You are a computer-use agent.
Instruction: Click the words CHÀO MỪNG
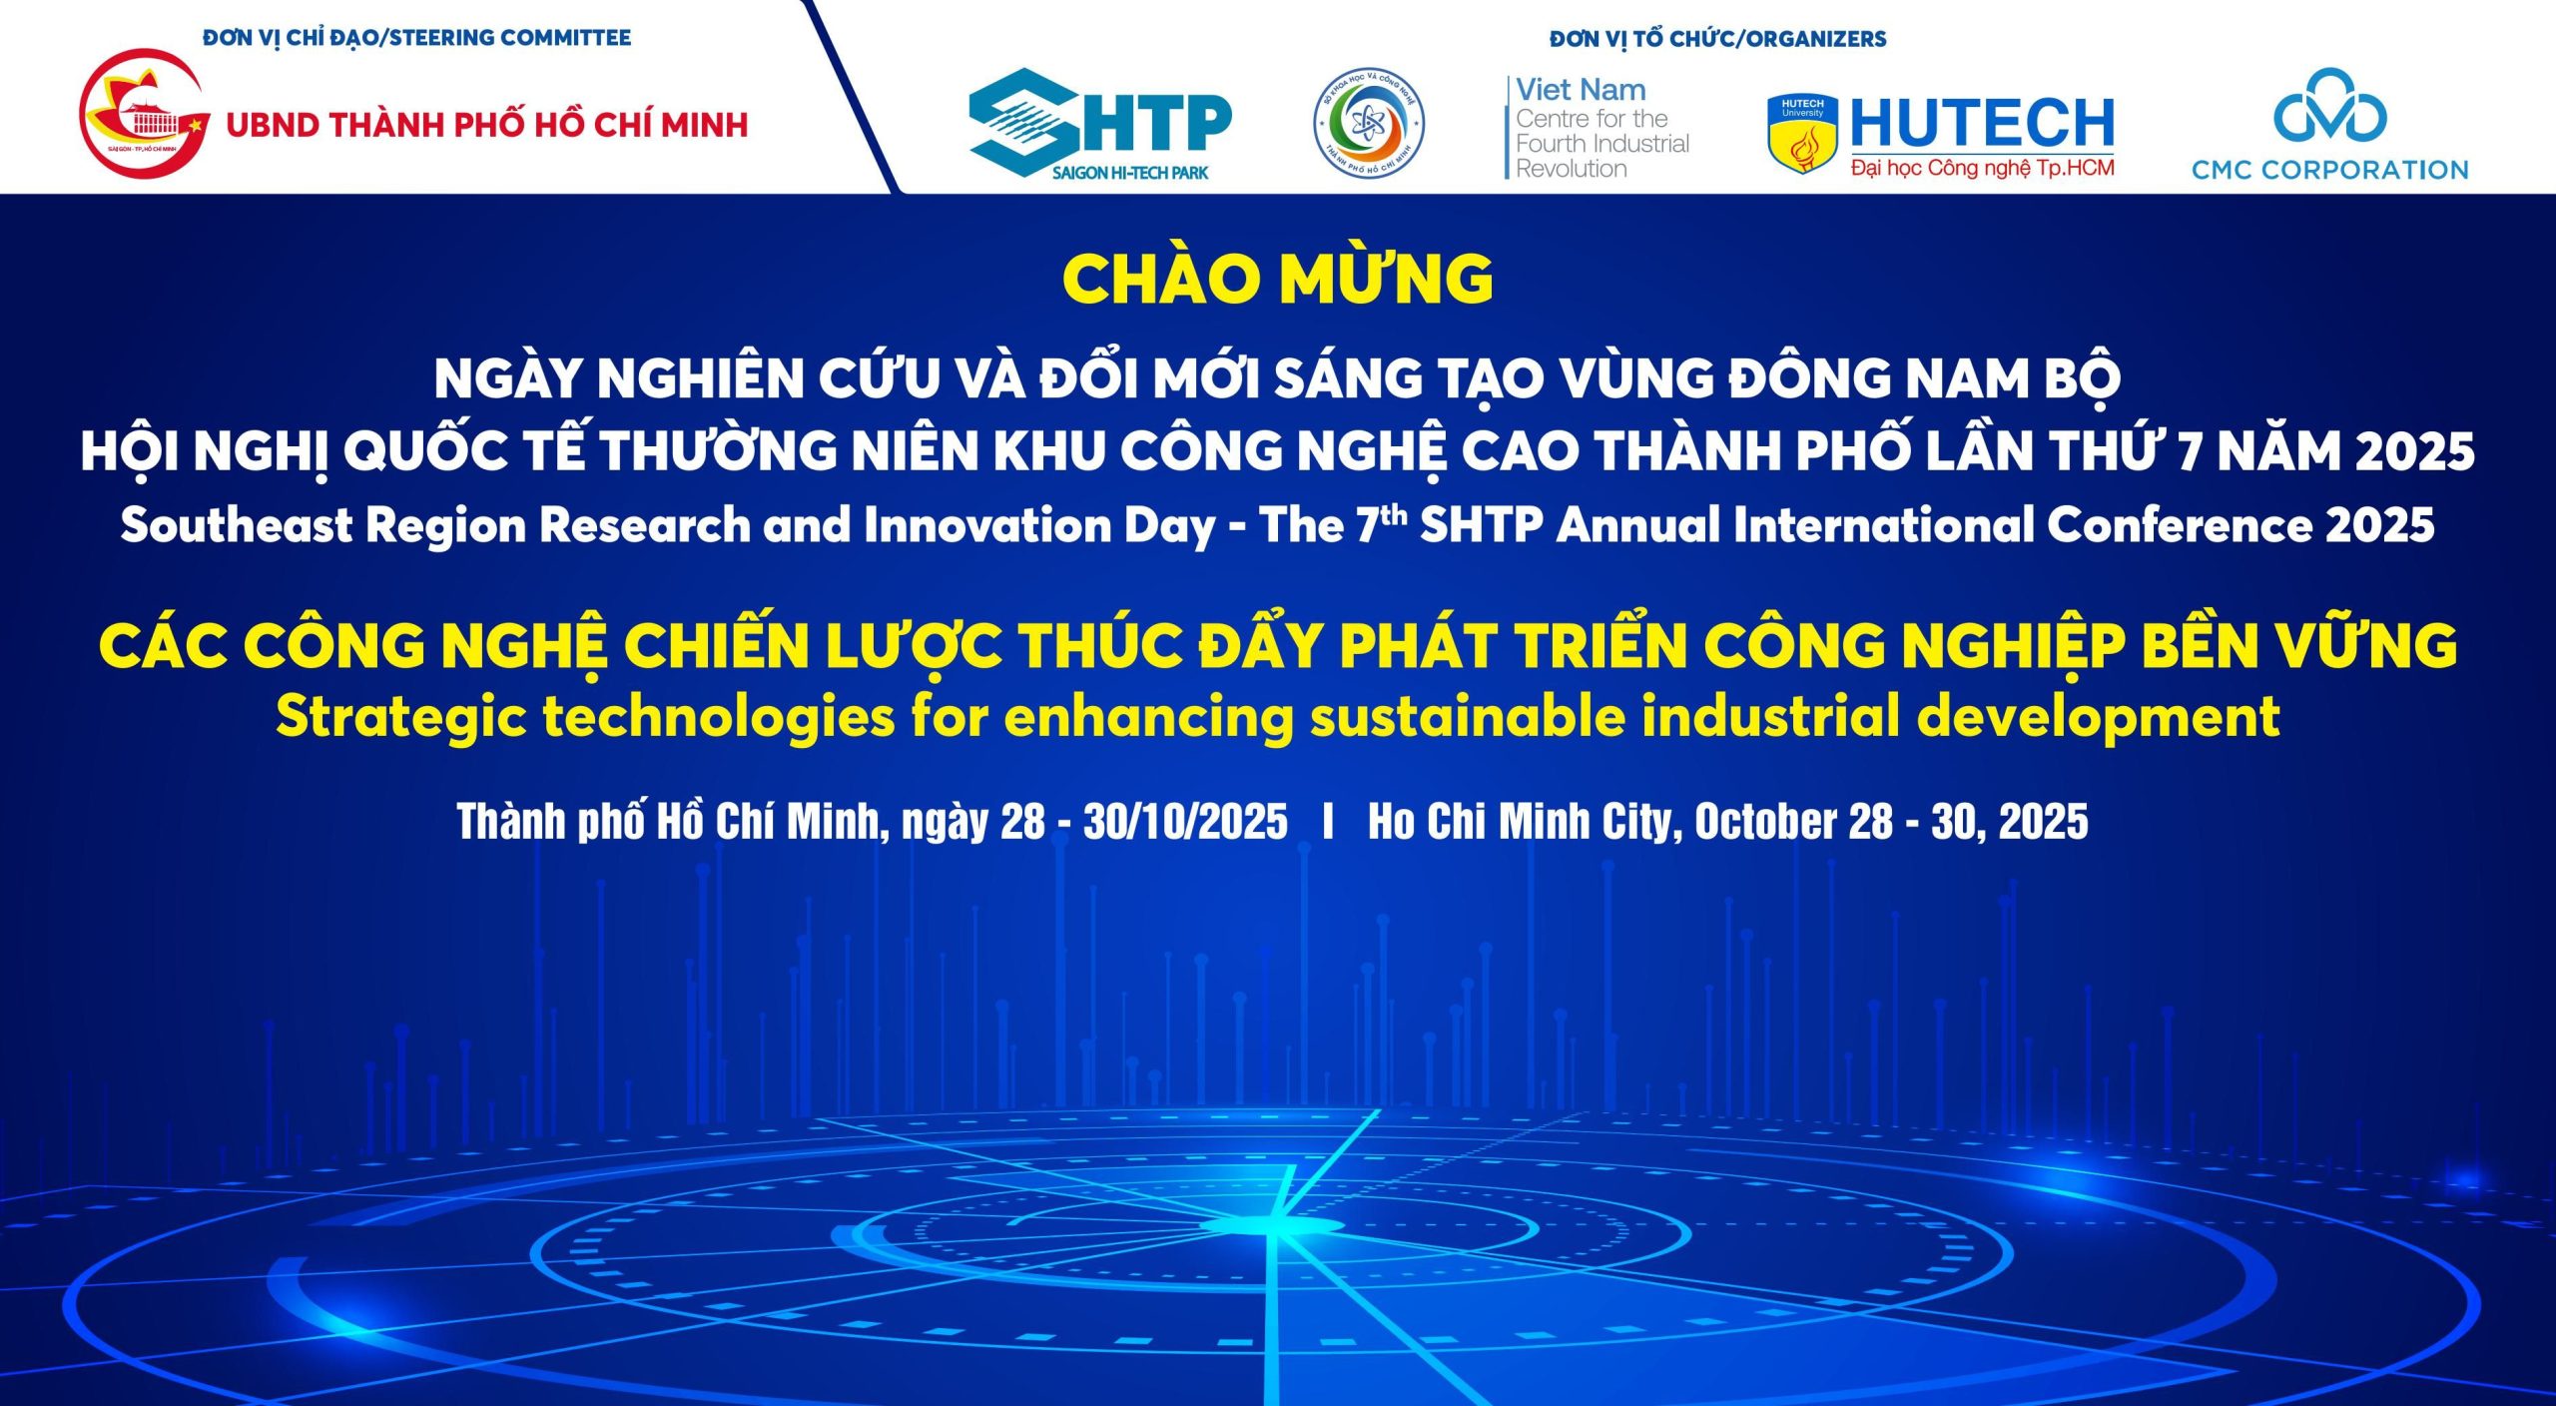[1277, 279]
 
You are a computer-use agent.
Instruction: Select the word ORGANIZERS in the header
[1817, 39]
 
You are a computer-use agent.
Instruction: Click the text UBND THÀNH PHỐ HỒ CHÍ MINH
[487, 125]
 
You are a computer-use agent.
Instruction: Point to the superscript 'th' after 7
[1394, 514]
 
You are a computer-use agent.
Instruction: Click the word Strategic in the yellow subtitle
[400, 717]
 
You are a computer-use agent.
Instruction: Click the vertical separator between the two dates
[1327, 822]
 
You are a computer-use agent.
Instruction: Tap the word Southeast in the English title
[236, 525]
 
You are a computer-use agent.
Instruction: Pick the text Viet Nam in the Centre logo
[1581, 90]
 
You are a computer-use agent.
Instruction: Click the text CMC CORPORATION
[2329, 170]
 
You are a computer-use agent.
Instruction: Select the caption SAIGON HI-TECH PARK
[1129, 173]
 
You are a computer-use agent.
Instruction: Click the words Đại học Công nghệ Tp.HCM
[1982, 168]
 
